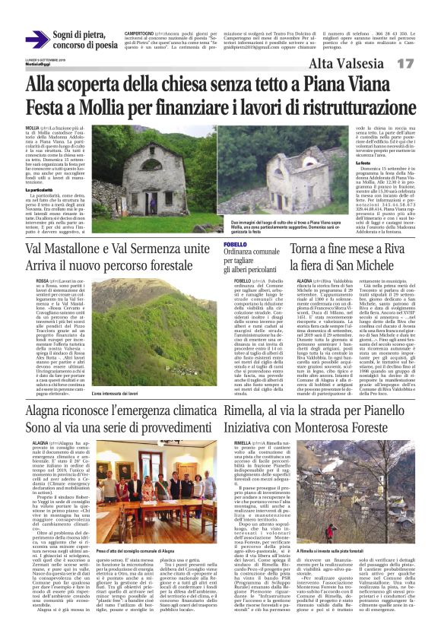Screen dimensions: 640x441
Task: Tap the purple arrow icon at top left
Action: point(36,39)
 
